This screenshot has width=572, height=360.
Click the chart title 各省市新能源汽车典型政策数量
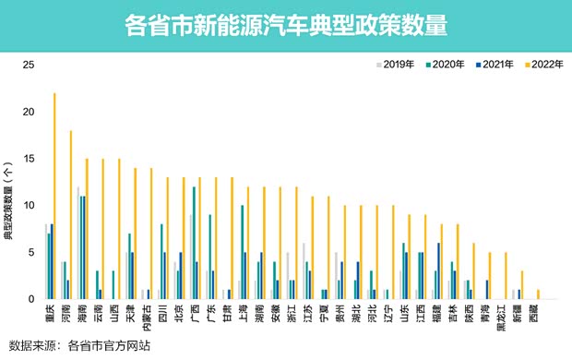[285, 25]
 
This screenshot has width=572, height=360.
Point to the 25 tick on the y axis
[29, 66]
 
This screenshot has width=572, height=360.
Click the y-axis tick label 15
[29, 159]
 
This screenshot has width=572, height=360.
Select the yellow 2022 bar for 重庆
[54, 196]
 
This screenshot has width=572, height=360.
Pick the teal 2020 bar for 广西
[194, 243]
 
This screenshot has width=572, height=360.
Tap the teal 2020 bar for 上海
[242, 252]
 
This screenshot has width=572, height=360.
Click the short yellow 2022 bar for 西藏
[538, 294]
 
